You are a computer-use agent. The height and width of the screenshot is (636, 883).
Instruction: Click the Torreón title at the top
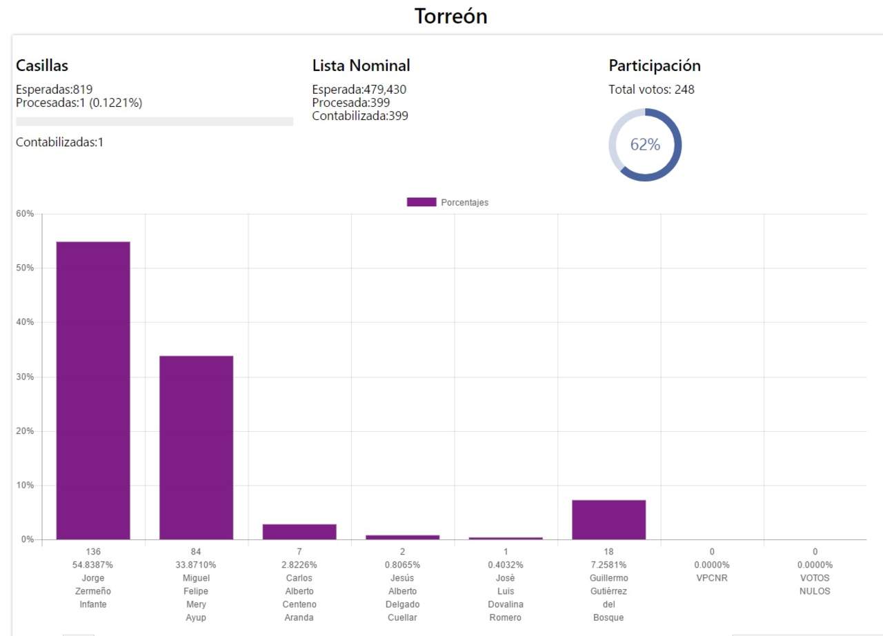(450, 17)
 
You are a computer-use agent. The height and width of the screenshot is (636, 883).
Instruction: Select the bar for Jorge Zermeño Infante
(93, 390)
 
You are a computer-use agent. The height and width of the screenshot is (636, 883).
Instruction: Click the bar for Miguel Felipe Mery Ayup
(196, 447)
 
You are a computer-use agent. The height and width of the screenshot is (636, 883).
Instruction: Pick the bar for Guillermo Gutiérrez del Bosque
(608, 519)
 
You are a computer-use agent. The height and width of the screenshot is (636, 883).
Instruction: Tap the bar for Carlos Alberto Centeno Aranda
(299, 531)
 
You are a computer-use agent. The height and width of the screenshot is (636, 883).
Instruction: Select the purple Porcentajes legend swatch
(421, 202)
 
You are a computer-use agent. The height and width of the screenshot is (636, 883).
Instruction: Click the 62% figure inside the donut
(645, 145)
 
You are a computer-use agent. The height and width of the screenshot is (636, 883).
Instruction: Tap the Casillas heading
(42, 66)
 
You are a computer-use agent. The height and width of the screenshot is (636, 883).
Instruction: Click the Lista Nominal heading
(361, 66)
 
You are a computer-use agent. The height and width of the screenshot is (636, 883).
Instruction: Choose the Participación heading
(655, 66)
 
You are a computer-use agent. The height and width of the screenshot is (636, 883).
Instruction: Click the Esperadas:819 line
(54, 89)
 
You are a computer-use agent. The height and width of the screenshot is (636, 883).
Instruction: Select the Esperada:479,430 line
(364, 89)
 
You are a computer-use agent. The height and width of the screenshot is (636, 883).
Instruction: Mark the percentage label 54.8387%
(93, 565)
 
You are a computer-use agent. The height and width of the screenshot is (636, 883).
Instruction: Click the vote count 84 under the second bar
(196, 552)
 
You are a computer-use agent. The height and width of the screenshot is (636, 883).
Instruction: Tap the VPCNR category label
(712, 578)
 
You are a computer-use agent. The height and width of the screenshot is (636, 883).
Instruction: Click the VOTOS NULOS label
(815, 584)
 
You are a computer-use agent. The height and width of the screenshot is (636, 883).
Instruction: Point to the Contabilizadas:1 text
(59, 143)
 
